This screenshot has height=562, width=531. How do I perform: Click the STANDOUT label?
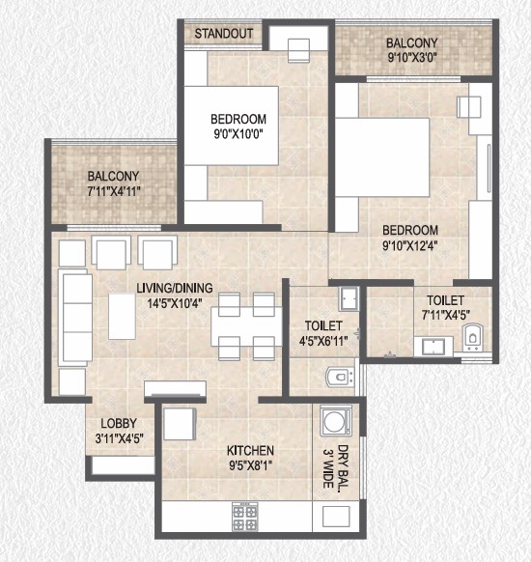click(224, 34)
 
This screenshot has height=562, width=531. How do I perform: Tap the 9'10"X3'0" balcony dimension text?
click(412, 57)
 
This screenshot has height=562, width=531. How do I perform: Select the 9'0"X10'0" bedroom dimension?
click(238, 134)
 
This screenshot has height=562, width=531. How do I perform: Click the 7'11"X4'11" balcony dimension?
click(114, 191)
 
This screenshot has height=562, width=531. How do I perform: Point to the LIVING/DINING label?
click(175, 288)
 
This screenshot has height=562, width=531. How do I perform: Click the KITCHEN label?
click(250, 450)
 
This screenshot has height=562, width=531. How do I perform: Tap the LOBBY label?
click(119, 423)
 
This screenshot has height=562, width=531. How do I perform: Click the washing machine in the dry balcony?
click(336, 420)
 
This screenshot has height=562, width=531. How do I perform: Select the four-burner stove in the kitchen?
click(245, 517)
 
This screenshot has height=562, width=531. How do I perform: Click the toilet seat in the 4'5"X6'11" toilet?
click(341, 377)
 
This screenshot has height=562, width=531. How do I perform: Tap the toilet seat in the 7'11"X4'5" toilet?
click(473, 338)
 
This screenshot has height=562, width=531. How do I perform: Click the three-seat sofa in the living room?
click(75, 317)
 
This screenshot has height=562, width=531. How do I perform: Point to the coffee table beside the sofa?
click(122, 317)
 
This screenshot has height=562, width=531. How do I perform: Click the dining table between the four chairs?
click(246, 326)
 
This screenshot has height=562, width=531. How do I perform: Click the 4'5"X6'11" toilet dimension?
click(323, 341)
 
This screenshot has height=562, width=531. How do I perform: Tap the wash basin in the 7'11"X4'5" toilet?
click(433, 347)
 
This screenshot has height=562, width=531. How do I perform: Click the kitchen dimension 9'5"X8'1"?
click(250, 465)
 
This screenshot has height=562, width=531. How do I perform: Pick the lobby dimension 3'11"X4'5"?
click(120, 438)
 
